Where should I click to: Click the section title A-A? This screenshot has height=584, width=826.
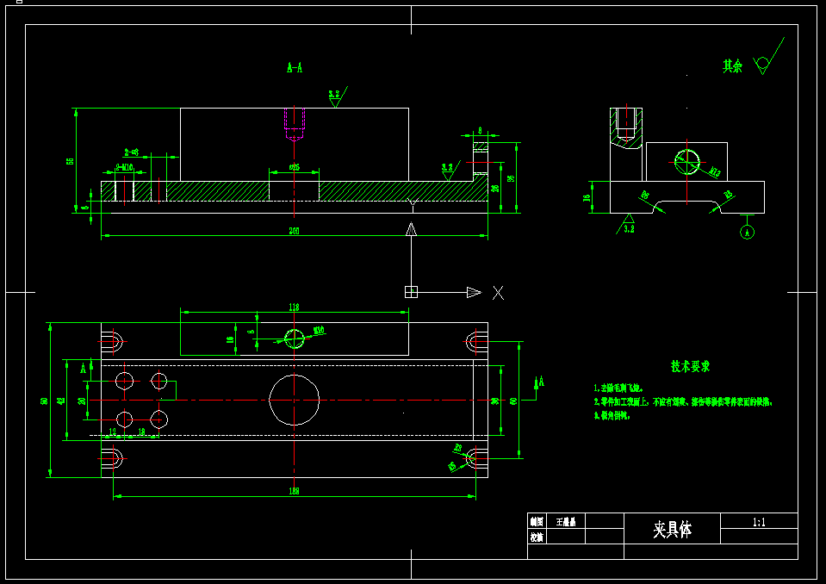click(x=295, y=67)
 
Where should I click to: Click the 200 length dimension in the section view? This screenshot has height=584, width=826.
click(x=295, y=231)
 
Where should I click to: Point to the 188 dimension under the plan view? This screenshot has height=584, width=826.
click(x=295, y=491)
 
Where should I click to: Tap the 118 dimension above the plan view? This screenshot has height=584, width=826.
click(x=294, y=307)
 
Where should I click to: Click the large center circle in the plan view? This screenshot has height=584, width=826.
click(x=295, y=399)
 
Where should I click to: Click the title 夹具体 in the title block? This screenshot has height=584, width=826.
click(x=672, y=529)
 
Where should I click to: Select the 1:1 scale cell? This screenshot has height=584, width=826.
click(x=759, y=521)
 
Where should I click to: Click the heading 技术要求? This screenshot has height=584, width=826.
click(x=691, y=366)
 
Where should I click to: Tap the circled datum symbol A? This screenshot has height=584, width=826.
click(x=747, y=232)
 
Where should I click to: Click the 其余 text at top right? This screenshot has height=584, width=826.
click(x=732, y=66)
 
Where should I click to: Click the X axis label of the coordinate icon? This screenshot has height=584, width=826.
click(x=498, y=292)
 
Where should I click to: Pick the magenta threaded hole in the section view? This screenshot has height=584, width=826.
click(x=294, y=125)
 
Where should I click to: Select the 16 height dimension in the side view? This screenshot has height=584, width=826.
click(x=588, y=197)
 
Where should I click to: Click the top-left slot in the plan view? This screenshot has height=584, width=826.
click(x=113, y=338)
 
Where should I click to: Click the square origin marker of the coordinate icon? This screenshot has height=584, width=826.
click(x=411, y=292)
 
